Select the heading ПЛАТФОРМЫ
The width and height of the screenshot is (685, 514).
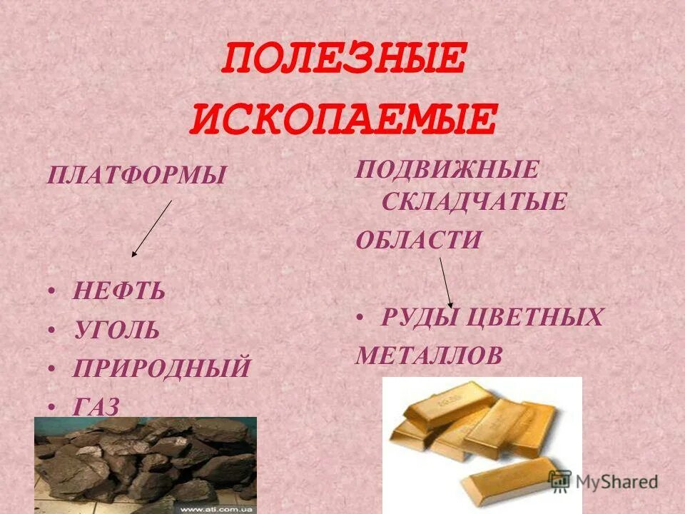coord(136,174)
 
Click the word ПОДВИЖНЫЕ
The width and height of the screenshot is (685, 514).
coord(447,171)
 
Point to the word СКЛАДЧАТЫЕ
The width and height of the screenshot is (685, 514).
coord(474,202)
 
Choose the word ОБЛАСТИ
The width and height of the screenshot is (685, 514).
coord(419,240)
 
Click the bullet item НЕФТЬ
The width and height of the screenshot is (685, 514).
coord(118,291)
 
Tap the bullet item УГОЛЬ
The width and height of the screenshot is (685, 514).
coord(116,331)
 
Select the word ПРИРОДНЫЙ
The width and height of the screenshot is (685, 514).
coord(161,368)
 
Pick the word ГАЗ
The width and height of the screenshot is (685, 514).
coord(96,406)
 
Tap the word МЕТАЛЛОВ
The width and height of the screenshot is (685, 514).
coord(429,355)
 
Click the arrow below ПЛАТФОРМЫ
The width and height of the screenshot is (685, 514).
coord(152,228)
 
